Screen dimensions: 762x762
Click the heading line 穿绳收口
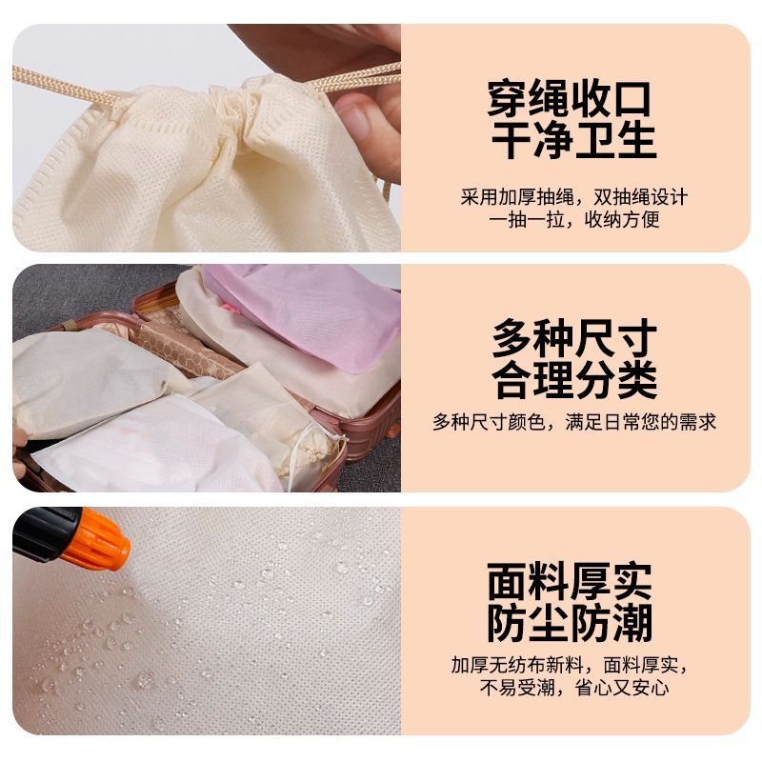pyautogui.click(x=569, y=99)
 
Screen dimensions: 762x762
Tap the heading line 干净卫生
pyautogui.click(x=574, y=140)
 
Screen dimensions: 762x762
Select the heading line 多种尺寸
pyautogui.click(x=574, y=338)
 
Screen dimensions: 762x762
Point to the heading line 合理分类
pyautogui.click(x=574, y=379)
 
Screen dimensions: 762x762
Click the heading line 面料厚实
pyautogui.click(x=570, y=581)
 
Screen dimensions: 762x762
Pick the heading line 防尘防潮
pyautogui.click(x=570, y=623)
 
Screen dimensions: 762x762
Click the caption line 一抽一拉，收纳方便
pyautogui.click(x=574, y=220)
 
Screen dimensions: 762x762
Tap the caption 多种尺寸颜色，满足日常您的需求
pyautogui.click(x=574, y=422)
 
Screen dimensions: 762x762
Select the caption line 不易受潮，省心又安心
pyautogui.click(x=574, y=687)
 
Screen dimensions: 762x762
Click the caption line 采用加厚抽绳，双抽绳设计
pyautogui.click(x=574, y=197)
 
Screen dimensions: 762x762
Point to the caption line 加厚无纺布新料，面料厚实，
pyautogui.click(x=570, y=665)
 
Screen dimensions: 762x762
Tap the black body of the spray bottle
pyautogui.click(x=46, y=533)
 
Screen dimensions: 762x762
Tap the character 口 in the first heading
pyautogui.click(x=631, y=99)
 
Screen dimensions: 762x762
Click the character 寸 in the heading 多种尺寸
pyautogui.click(x=637, y=338)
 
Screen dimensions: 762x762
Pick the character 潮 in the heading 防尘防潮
pyautogui.click(x=632, y=623)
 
